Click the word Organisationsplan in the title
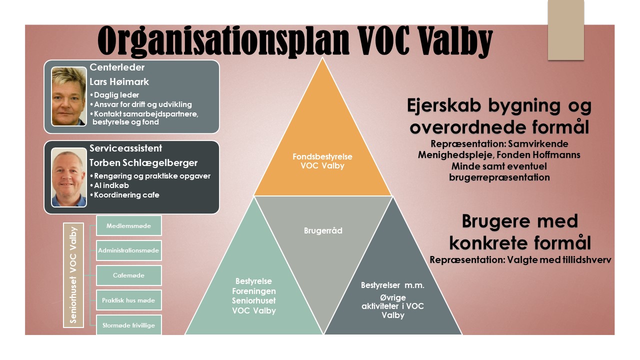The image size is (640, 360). click(223, 41)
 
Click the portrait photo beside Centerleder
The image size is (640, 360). click(69, 96)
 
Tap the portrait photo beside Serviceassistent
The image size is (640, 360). click(69, 177)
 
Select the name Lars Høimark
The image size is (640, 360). click(119, 81)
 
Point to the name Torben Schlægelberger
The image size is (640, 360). click(143, 163)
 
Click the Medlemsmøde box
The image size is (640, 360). click(129, 225)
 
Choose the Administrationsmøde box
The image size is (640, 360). click(129, 250)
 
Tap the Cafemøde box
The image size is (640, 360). click(129, 275)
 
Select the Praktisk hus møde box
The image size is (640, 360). click(129, 300)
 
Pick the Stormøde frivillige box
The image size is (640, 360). click(129, 325)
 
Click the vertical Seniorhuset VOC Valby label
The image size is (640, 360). click(73, 275)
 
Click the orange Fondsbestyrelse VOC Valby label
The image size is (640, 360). click(322, 161)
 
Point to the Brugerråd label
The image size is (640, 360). click(323, 230)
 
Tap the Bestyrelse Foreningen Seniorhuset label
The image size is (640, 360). click(253, 295)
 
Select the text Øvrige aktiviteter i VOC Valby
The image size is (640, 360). click(392, 306)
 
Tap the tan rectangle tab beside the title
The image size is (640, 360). click(565, 30)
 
